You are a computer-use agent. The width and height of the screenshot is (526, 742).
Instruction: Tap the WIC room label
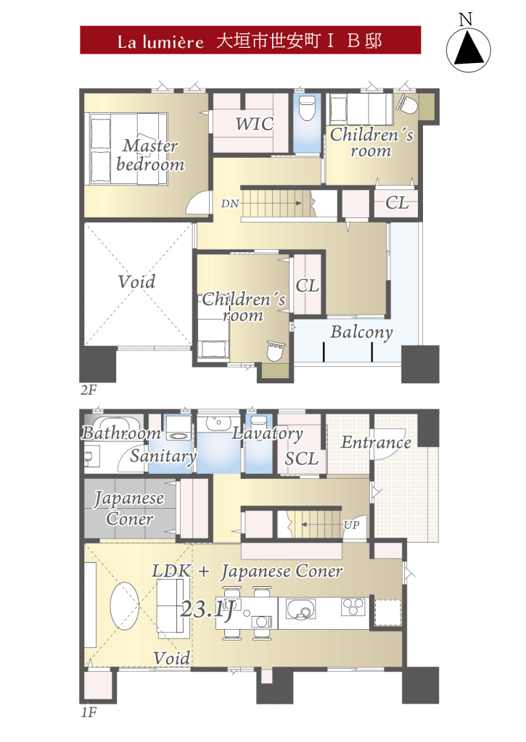point(255,124)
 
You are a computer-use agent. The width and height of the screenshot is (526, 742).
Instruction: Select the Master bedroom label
point(150,155)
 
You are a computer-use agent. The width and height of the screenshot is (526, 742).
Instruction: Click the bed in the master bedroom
point(129,148)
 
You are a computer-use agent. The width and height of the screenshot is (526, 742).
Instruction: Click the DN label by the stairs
point(230,204)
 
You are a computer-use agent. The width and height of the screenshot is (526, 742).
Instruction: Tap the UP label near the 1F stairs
point(351,525)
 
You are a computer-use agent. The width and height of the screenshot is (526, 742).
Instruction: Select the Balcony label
point(361,332)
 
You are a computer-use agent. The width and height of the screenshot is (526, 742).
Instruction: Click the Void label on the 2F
point(136,282)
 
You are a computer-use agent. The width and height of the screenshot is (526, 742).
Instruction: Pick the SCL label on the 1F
point(301,459)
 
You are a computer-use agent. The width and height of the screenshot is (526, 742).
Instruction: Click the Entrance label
point(377,443)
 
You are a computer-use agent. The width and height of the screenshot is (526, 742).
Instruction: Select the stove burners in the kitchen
point(353,607)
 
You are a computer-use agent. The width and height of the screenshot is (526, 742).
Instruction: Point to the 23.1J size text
point(207,609)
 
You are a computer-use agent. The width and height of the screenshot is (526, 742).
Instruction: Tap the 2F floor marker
point(89,390)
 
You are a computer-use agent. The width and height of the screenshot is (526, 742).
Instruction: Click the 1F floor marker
point(89,712)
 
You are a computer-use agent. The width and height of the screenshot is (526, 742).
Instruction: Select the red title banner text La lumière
point(160,41)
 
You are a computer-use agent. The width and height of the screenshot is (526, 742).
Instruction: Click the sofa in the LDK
point(170,606)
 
